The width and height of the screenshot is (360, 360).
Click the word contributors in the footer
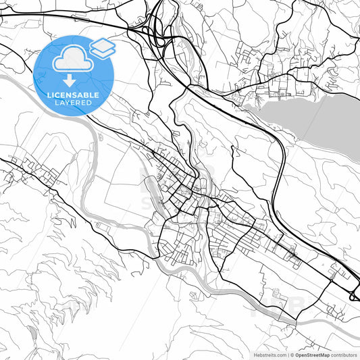tap(344, 354)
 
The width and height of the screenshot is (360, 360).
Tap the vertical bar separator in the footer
tap(286, 354)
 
